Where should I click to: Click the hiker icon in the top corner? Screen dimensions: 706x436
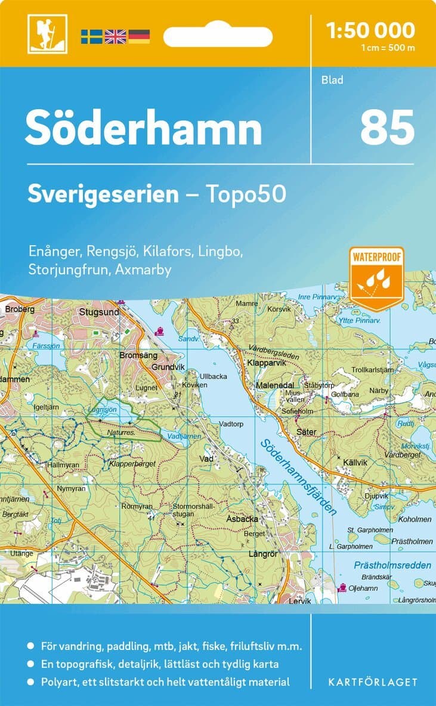tap(47, 33)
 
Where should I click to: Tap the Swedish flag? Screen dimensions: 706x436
tap(92, 36)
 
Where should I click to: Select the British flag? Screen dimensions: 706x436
tap(115, 36)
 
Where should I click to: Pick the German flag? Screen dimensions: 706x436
tap(139, 36)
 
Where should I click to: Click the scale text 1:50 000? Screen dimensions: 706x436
tap(371, 30)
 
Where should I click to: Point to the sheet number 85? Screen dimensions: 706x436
tap(387, 127)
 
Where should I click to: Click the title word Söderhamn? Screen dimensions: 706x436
tap(143, 127)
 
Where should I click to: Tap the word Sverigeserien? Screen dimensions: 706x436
tap(103, 194)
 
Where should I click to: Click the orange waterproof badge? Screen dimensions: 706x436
tap(377, 278)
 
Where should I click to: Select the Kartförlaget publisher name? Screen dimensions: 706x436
tap(373, 682)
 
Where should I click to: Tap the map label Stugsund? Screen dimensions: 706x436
tap(99, 312)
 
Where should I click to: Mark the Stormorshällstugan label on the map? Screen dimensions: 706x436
tap(192, 510)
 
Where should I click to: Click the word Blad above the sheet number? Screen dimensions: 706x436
tap(332, 79)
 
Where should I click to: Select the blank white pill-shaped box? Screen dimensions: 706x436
tap(218, 36)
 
